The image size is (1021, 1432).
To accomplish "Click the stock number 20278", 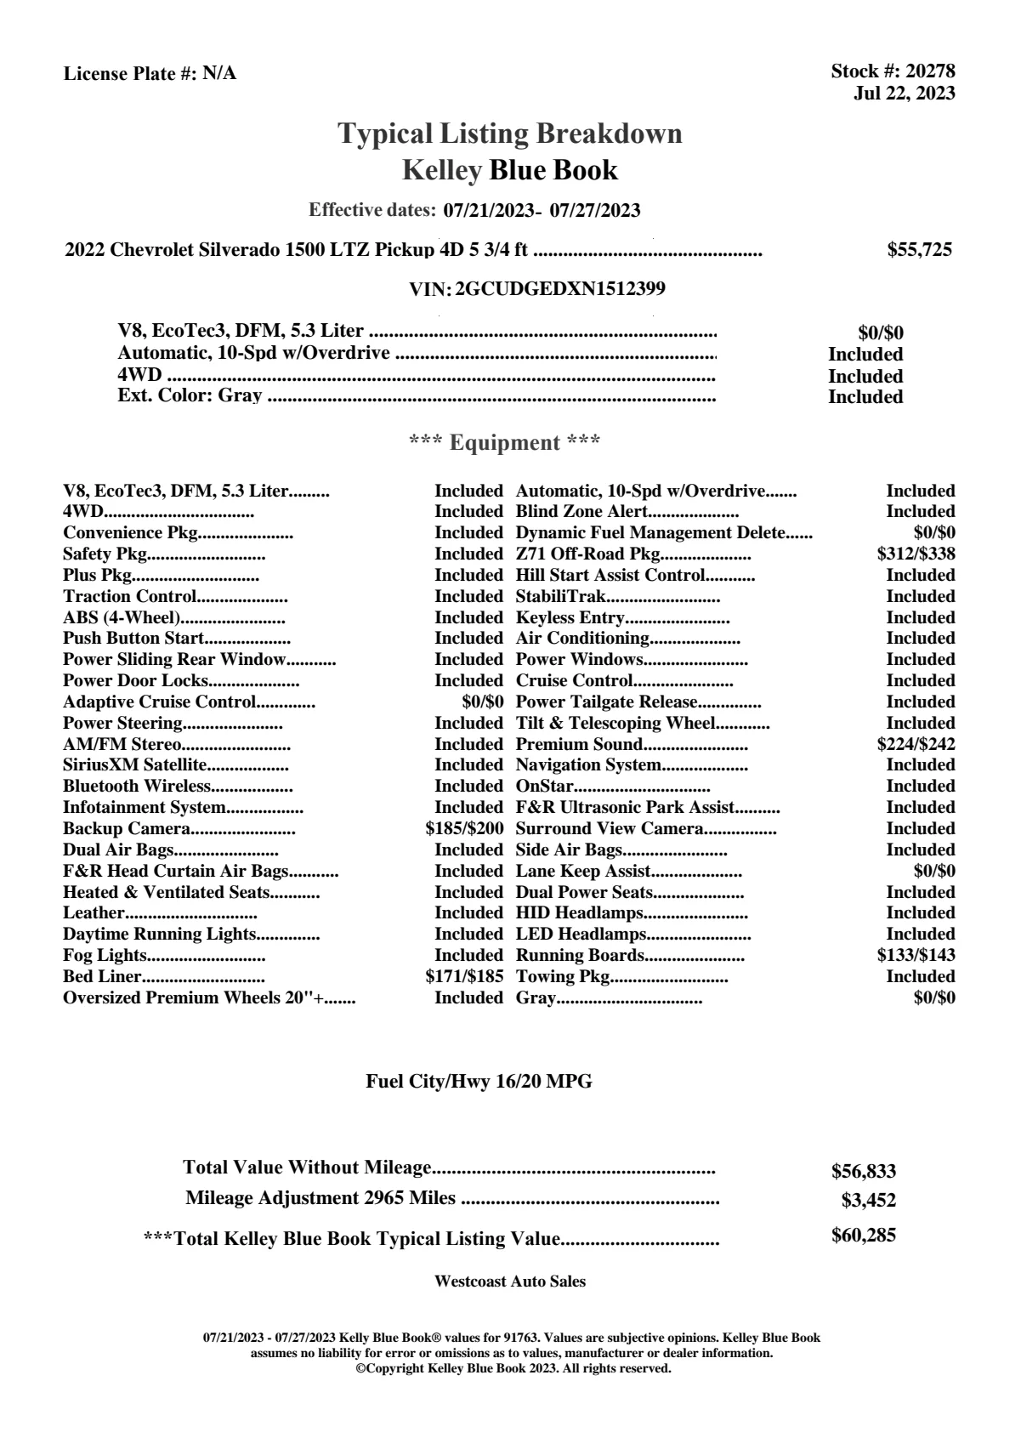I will point(930,71).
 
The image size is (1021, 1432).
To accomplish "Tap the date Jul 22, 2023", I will point(904,94).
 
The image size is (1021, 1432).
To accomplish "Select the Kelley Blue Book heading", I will point(509,170).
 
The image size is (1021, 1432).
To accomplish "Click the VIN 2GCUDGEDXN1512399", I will point(560,289).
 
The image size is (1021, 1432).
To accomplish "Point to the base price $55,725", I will point(919,250).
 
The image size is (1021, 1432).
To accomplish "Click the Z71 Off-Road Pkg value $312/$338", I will point(916,554).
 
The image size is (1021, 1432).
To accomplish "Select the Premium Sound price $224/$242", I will point(916,745).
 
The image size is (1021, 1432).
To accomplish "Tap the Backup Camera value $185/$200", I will point(464,829).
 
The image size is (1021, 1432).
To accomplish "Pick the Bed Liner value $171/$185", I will point(464,977).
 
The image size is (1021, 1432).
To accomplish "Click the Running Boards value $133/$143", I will point(916,956).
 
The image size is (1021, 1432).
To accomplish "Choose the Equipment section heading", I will point(505,443).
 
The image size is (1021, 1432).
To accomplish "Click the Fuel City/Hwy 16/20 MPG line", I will point(479,1083).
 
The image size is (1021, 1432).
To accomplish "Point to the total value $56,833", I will point(863,1172).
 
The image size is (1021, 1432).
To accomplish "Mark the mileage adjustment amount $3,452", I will point(868,1201).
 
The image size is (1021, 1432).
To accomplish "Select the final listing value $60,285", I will point(863,1236).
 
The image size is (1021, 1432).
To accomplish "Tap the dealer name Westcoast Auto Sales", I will point(509,1281).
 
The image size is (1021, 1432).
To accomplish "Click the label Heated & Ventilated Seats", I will point(166,893).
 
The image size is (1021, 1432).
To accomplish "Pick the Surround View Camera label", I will point(609,829).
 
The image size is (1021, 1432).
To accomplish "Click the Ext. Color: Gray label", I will point(190,396).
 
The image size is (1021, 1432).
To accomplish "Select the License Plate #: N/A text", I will point(150,74).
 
